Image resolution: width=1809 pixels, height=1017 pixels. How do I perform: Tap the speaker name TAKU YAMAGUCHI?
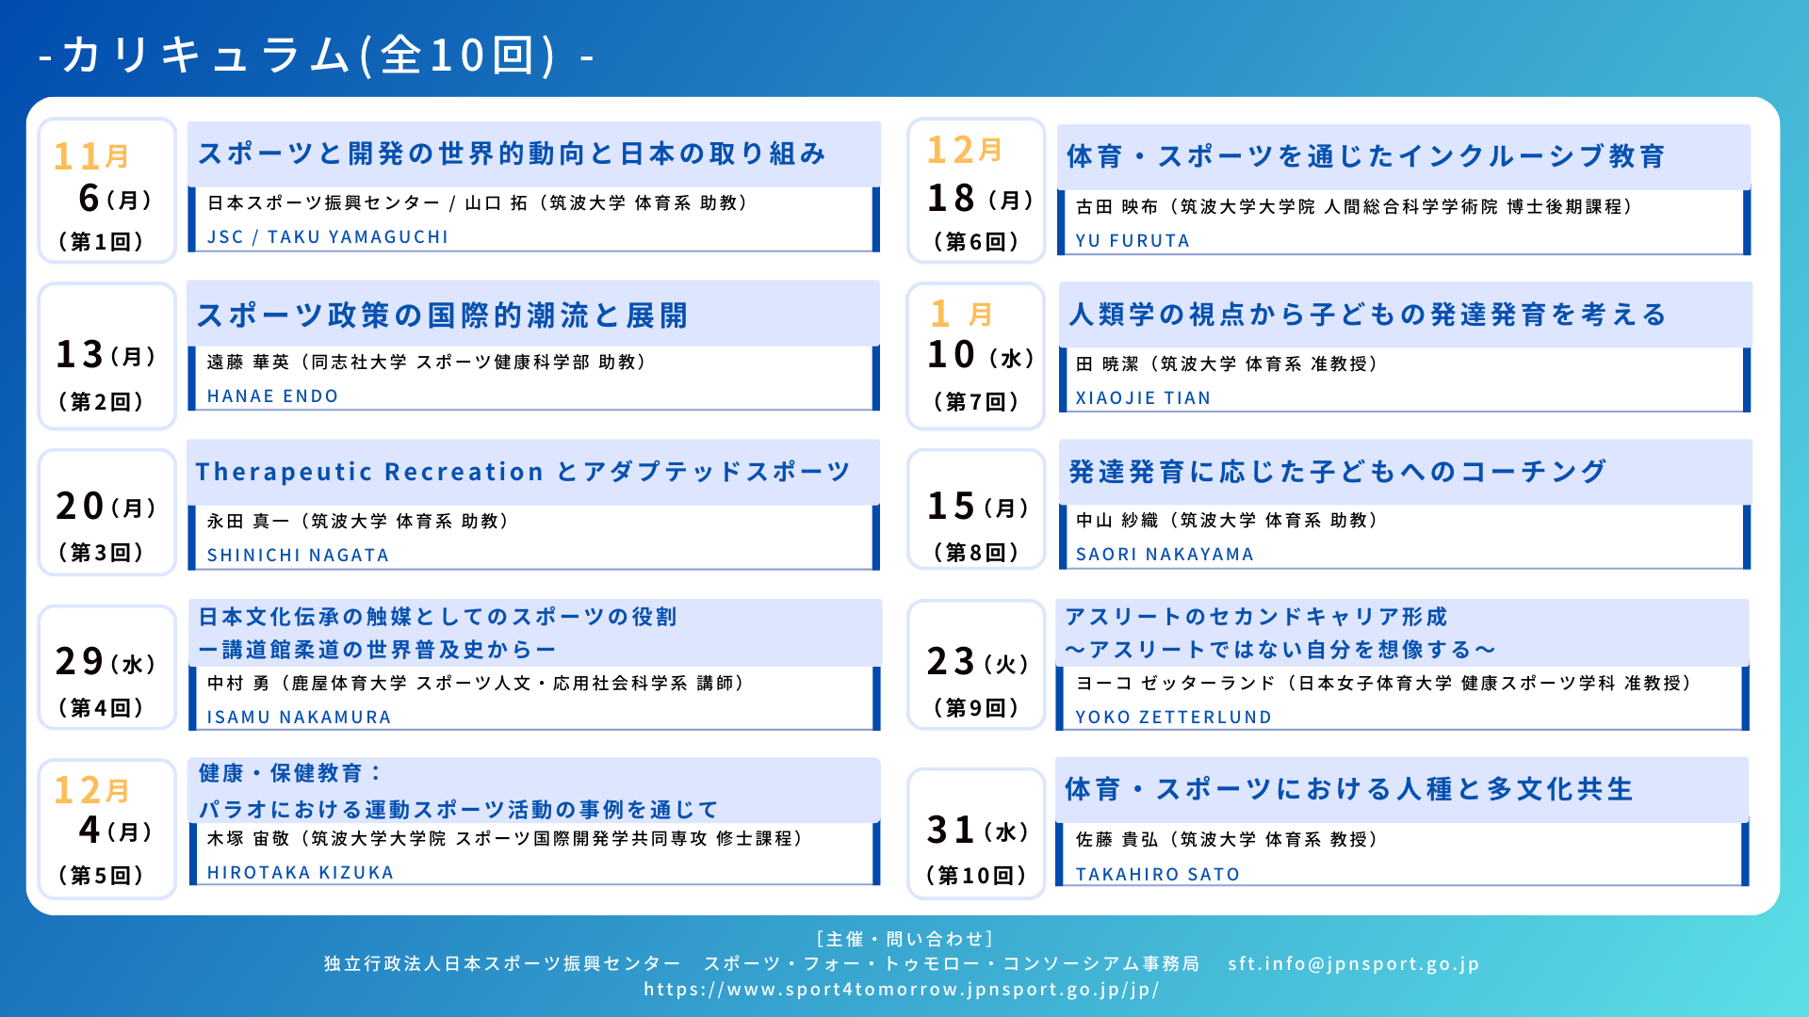(358, 237)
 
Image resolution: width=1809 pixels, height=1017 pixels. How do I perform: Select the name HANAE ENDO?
(272, 396)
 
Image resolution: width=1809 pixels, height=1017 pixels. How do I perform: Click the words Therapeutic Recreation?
(369, 472)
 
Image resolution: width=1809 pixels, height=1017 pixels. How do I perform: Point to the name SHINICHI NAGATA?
(298, 556)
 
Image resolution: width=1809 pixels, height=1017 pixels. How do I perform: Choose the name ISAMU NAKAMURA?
(299, 718)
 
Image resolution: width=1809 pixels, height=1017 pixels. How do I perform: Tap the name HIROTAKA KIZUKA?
(301, 873)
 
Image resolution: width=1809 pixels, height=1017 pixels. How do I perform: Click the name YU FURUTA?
(1133, 241)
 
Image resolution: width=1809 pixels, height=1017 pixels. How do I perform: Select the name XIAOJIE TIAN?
(1143, 398)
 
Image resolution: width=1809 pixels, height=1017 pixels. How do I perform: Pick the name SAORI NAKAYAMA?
(1165, 555)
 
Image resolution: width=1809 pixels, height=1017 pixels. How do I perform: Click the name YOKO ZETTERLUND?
(1173, 718)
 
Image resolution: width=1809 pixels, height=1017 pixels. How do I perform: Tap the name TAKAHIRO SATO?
(1157, 875)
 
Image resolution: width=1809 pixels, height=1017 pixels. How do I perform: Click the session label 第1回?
(101, 242)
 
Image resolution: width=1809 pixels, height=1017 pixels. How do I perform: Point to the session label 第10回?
(976, 876)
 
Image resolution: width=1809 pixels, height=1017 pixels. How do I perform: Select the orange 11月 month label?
(91, 155)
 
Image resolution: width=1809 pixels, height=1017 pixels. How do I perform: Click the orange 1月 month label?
(961, 314)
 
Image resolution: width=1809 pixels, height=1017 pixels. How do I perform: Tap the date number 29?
(79, 662)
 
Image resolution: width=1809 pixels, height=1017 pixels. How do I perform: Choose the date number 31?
(951, 831)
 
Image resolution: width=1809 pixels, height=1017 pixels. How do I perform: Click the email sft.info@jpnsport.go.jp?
(1354, 964)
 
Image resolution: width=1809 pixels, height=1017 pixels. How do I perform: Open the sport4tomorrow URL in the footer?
(902, 990)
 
